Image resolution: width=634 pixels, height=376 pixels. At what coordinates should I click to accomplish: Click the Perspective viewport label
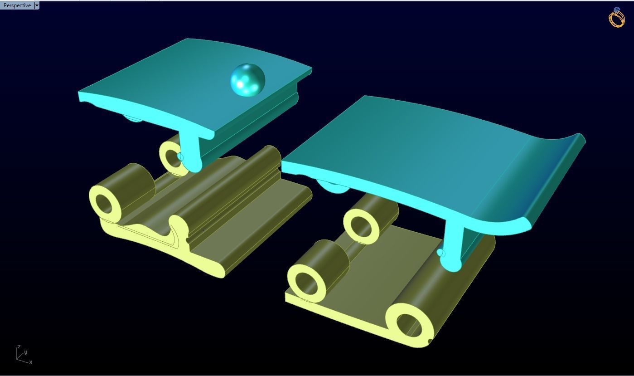point(17,5)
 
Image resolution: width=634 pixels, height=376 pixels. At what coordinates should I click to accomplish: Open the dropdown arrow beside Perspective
point(37,5)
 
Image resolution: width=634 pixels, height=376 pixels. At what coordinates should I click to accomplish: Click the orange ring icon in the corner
point(616,18)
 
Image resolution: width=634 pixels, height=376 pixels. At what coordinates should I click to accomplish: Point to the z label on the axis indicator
point(19,347)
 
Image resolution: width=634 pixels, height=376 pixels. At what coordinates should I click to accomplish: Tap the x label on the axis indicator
point(31,362)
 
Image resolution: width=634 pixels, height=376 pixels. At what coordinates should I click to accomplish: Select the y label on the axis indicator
point(26,352)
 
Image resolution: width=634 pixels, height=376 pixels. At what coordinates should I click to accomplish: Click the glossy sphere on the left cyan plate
point(247,80)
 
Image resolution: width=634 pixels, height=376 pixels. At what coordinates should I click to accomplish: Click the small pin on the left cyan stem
point(181,157)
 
